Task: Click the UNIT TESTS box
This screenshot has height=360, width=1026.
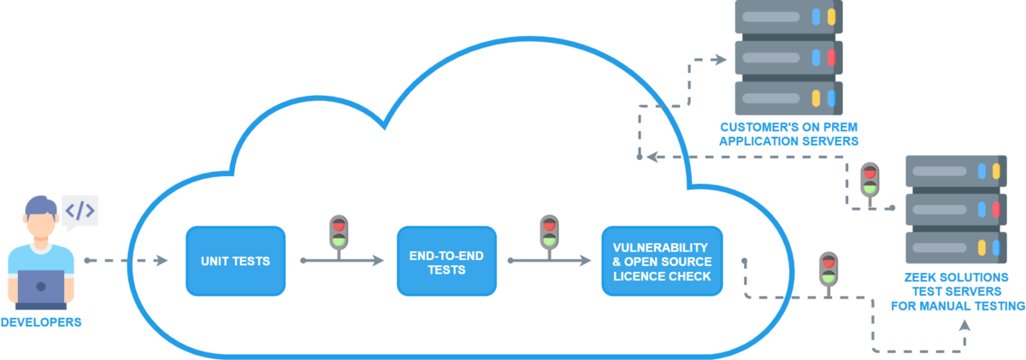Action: [x=235, y=261]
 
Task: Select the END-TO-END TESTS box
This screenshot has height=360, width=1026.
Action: [x=446, y=261]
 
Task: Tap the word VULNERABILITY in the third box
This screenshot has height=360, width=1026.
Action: [x=662, y=248]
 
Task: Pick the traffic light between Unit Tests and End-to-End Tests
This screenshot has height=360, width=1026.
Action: [x=339, y=233]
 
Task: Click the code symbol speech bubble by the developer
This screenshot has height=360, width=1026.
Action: [x=80, y=210]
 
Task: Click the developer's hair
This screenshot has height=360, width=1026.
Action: [x=40, y=204]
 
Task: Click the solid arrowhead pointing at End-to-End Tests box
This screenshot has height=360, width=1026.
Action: [x=378, y=260]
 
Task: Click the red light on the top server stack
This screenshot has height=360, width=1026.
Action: [x=831, y=58]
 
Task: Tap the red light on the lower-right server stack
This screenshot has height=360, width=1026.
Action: [x=995, y=210]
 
